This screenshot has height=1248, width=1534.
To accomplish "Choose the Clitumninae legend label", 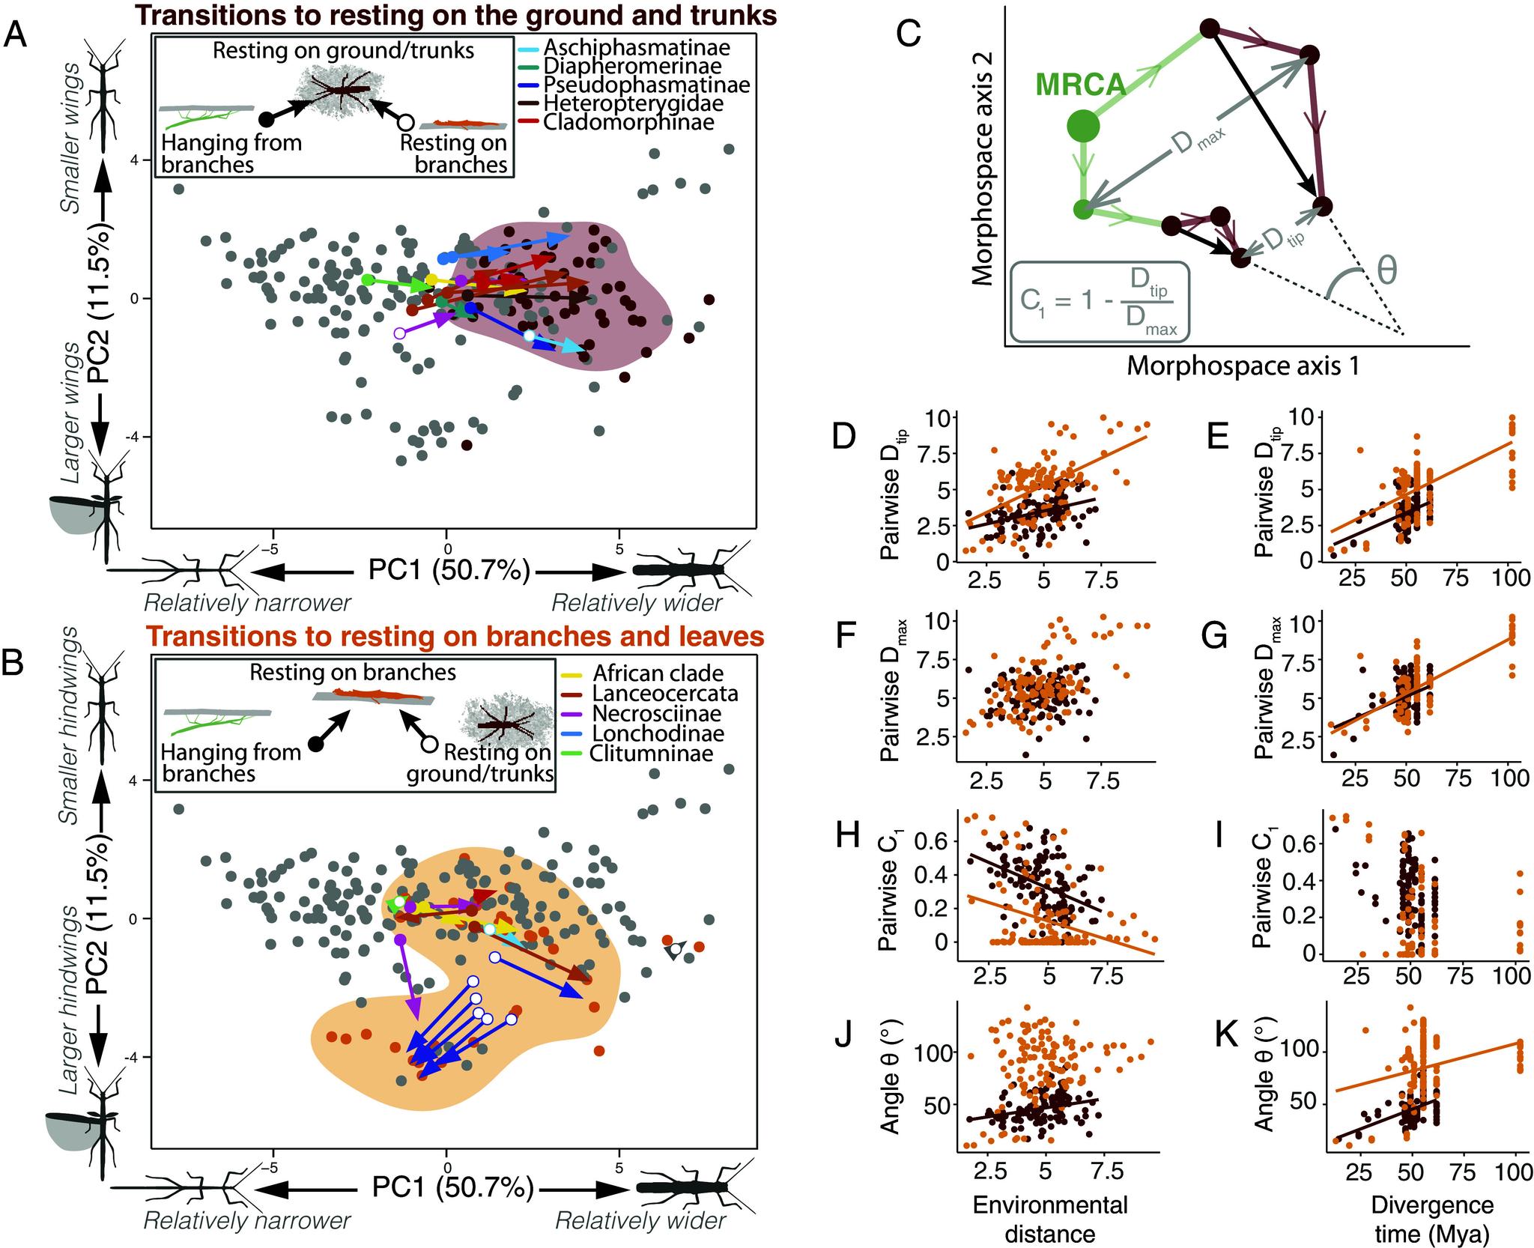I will [650, 753].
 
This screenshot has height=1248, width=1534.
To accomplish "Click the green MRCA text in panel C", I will [1081, 85].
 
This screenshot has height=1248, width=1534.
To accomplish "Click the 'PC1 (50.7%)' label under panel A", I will [449, 572].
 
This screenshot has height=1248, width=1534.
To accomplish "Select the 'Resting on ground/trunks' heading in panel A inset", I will [344, 51].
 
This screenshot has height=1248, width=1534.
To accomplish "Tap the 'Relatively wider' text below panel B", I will [640, 1221].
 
